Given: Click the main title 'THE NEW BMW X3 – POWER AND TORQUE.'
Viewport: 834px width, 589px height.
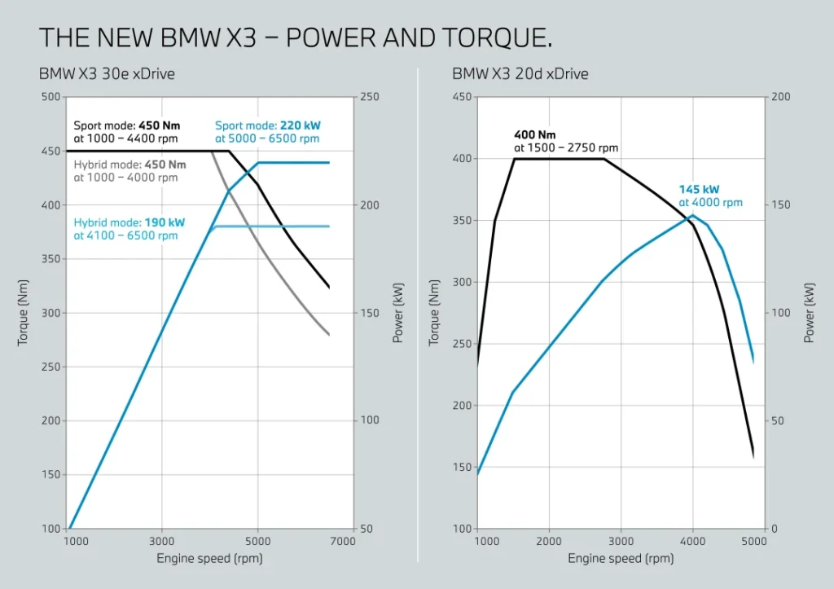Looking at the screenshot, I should pyautogui.click(x=296, y=37).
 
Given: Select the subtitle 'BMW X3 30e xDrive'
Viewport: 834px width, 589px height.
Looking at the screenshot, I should pyautogui.click(x=107, y=74).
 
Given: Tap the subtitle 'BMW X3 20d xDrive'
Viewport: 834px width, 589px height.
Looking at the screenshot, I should pyautogui.click(x=520, y=74).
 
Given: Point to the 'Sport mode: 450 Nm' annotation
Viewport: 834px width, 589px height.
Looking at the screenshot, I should pyautogui.click(x=127, y=126).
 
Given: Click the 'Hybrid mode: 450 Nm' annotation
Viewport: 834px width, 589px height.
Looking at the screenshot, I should pyautogui.click(x=130, y=165).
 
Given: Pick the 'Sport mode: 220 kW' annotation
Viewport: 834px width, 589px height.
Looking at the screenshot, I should pyautogui.click(x=267, y=126).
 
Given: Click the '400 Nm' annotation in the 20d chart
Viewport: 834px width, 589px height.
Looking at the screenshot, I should pyautogui.click(x=534, y=135).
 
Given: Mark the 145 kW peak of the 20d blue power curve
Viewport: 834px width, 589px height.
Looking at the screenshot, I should pyautogui.click(x=692, y=215).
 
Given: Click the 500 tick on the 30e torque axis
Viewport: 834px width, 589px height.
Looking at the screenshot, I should pyautogui.click(x=51, y=97).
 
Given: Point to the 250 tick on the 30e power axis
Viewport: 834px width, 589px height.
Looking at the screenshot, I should pyautogui.click(x=369, y=97).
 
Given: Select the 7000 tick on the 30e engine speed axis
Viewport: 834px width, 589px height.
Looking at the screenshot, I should pyautogui.click(x=344, y=541).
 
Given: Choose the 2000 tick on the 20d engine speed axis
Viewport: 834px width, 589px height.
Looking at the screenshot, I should pyautogui.click(x=550, y=541).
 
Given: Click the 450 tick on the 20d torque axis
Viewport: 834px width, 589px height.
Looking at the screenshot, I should pyautogui.click(x=462, y=97).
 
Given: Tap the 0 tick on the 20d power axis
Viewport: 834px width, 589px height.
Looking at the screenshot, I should pyautogui.click(x=775, y=529).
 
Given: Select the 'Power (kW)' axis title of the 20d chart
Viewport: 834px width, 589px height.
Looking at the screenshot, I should pyautogui.click(x=810, y=313).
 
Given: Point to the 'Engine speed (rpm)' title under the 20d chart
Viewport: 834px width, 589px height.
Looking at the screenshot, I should pyautogui.click(x=621, y=559).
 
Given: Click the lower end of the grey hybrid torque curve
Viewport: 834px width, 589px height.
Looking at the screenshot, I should pyautogui.click(x=329, y=335).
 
